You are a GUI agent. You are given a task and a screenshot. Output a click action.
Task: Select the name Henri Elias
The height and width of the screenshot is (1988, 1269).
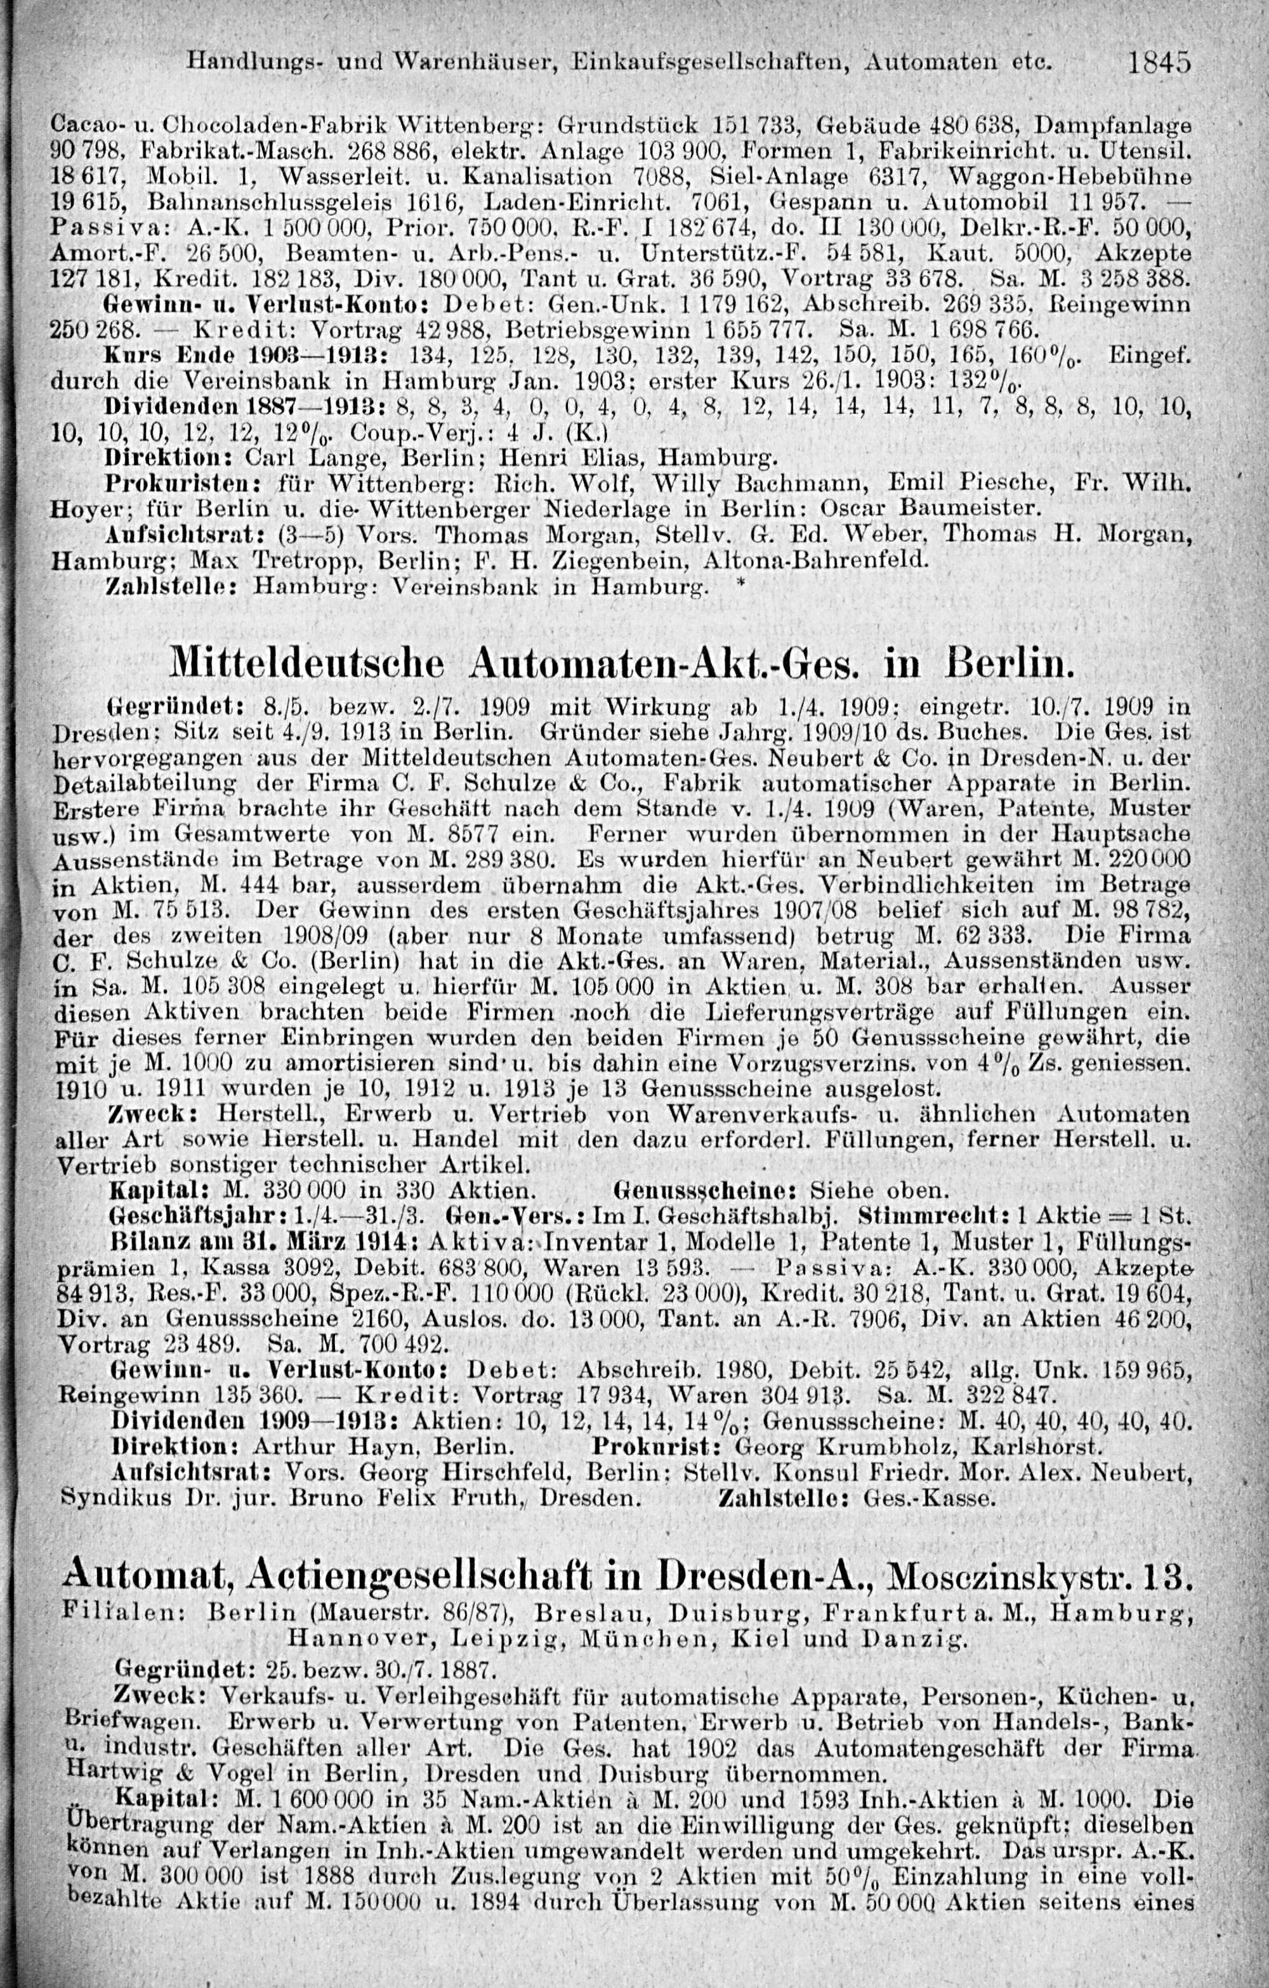pos(605,456)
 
